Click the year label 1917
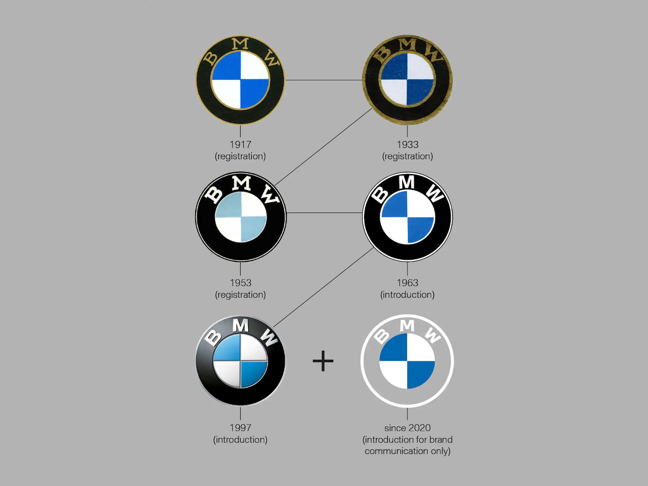coord(240,145)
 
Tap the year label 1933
coord(407,145)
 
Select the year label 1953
coord(240,283)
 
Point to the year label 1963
coord(407,283)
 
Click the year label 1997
coord(240,428)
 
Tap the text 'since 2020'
coord(407,428)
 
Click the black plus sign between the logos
coord(323,361)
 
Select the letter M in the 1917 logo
coord(240,44)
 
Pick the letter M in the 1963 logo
coord(407,182)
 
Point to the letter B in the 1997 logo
coord(213,338)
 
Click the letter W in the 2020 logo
coord(433,335)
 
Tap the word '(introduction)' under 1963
coord(407,294)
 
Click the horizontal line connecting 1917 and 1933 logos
coord(324,80)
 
